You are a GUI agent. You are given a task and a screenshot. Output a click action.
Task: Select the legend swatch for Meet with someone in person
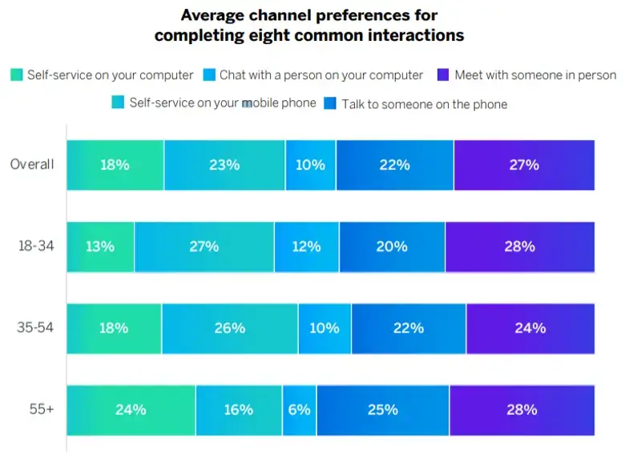point(443,74)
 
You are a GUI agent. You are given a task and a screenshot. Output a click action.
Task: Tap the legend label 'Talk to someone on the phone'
point(424,104)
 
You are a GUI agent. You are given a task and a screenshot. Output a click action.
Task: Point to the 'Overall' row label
point(32,164)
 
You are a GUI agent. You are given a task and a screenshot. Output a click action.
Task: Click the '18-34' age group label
point(36,246)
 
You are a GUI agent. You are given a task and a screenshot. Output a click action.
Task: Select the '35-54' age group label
point(36,328)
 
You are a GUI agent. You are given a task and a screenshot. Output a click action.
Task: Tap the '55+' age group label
point(41,409)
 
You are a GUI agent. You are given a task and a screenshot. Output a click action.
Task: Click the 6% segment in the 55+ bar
point(299,409)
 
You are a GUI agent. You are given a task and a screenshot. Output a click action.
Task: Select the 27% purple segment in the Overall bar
point(524,164)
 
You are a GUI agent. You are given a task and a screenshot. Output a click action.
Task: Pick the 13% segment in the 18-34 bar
point(100,246)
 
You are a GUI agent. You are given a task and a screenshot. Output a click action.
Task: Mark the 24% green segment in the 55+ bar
point(131,409)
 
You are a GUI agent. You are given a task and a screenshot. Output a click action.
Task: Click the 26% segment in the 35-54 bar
point(230,328)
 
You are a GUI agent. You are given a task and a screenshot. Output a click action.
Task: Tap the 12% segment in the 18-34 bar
point(306,246)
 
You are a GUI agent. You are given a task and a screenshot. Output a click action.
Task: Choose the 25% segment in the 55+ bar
point(383,409)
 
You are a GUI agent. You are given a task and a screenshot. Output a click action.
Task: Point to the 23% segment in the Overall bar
point(224,164)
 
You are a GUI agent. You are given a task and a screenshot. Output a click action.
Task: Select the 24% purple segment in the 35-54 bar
point(530,328)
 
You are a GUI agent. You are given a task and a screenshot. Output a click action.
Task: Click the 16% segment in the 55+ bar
point(238,409)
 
